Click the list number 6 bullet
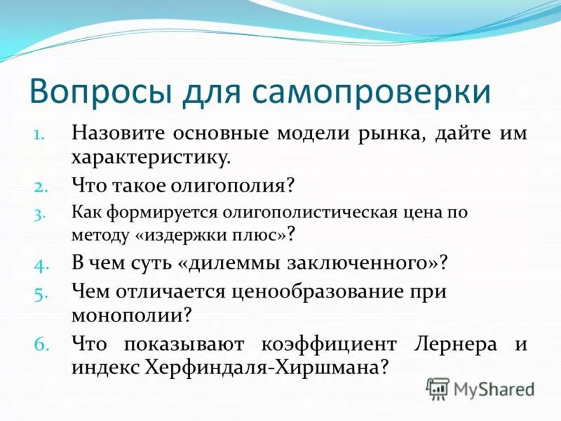coord(39,344)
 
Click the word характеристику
coord(151,157)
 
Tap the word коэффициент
coord(320,344)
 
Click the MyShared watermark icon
coord(438,387)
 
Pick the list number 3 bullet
coord(40,212)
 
